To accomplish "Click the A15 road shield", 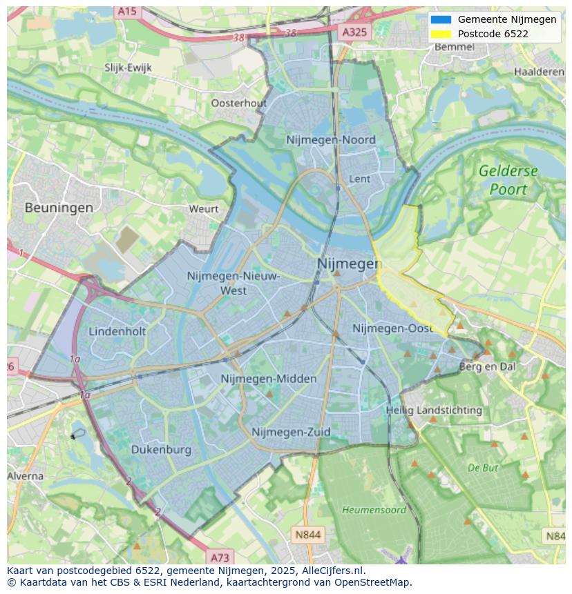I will (127, 11).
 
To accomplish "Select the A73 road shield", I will (220, 557).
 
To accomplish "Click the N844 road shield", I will (307, 535).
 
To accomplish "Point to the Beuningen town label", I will (59, 207).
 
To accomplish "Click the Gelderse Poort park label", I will (508, 179).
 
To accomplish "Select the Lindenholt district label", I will (117, 331).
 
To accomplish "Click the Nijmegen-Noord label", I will (331, 140).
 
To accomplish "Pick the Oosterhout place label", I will (238, 103).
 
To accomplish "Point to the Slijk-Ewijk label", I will (128, 68).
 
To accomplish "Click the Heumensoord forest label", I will (374, 510).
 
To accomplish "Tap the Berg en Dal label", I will (488, 367).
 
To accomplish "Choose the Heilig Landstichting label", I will (434, 410).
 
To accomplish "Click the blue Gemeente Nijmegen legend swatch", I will (440, 19).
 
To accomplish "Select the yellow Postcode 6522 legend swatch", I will (440, 34).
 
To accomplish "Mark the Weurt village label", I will (203, 208).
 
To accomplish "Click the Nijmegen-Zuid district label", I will (291, 432).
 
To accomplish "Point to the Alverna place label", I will (25, 476).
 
